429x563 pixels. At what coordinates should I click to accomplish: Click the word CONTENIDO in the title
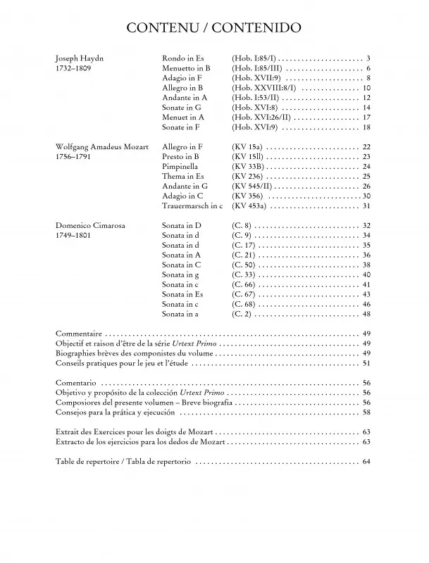(257, 27)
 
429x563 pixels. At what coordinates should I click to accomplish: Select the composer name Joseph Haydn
(79, 58)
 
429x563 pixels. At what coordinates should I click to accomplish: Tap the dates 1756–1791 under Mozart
(74, 157)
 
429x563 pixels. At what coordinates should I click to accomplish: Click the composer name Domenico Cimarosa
(89, 225)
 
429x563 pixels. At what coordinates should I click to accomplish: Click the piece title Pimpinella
(180, 167)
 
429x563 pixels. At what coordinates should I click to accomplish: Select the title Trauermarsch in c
(192, 206)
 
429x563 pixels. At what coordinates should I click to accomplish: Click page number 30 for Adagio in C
(366, 196)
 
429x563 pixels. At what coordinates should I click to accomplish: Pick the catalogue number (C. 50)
(243, 265)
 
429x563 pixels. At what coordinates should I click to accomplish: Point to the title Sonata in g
(181, 275)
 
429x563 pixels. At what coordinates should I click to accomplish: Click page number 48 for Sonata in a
(366, 315)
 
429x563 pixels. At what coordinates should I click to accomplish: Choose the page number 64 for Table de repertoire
(366, 462)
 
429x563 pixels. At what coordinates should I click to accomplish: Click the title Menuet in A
(182, 117)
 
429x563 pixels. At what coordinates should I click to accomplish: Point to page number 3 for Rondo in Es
(368, 58)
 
